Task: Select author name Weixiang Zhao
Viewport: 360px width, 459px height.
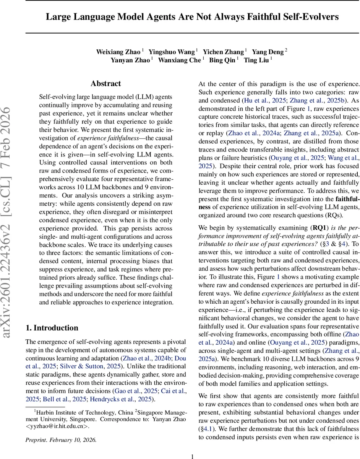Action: [x=118, y=52]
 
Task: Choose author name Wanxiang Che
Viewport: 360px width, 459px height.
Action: [x=179, y=60]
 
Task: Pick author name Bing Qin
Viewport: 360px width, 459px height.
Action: [x=222, y=60]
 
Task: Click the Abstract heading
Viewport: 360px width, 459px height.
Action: [x=105, y=84]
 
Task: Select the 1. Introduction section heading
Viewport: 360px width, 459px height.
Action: [x=52, y=328]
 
